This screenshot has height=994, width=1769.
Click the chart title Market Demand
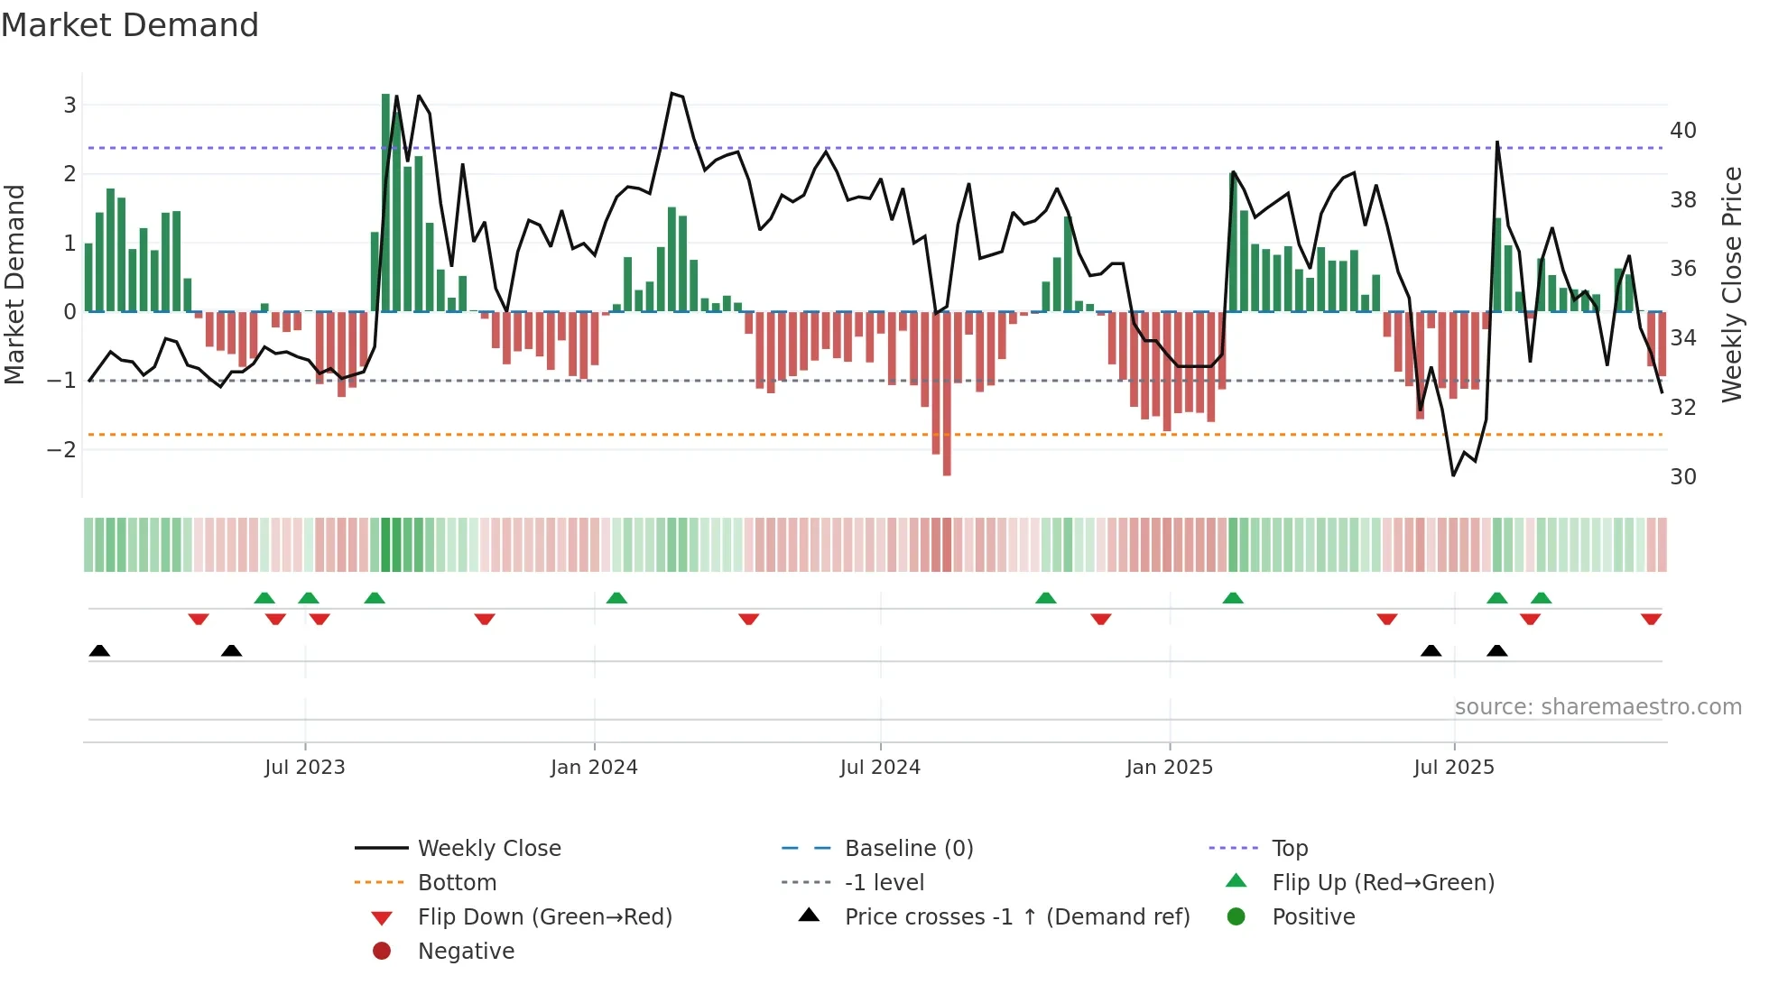[130, 25]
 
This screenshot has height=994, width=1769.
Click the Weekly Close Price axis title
[1731, 284]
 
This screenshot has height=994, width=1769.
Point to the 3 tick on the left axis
[69, 105]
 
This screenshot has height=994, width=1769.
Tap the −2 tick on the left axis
[62, 449]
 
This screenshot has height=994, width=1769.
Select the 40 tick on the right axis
[1682, 130]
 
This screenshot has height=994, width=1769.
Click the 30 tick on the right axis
[1682, 476]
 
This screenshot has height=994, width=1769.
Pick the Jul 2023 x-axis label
[305, 768]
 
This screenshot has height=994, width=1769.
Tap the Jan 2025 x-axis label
[1170, 768]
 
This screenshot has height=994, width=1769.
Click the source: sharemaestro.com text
[1598, 706]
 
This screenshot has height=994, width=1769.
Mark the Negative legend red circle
[382, 951]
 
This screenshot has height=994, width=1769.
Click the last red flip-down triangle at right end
[1651, 619]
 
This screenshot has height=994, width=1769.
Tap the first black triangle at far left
[99, 650]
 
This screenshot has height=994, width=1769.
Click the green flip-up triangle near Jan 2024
[616, 598]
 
